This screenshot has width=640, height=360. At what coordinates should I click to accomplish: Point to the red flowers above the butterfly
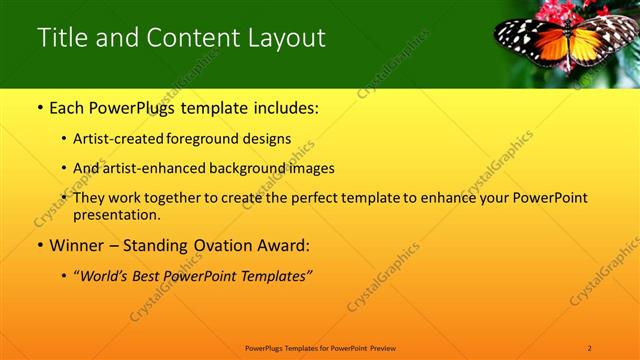point(537,14)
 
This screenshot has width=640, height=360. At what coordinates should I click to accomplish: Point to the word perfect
point(333,198)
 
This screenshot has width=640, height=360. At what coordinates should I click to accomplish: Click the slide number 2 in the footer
point(590,347)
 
